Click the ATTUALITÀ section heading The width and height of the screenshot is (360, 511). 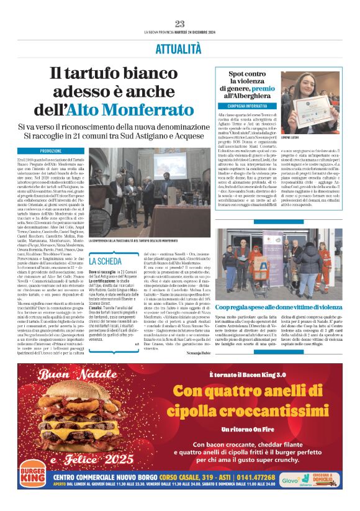click(180, 49)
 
